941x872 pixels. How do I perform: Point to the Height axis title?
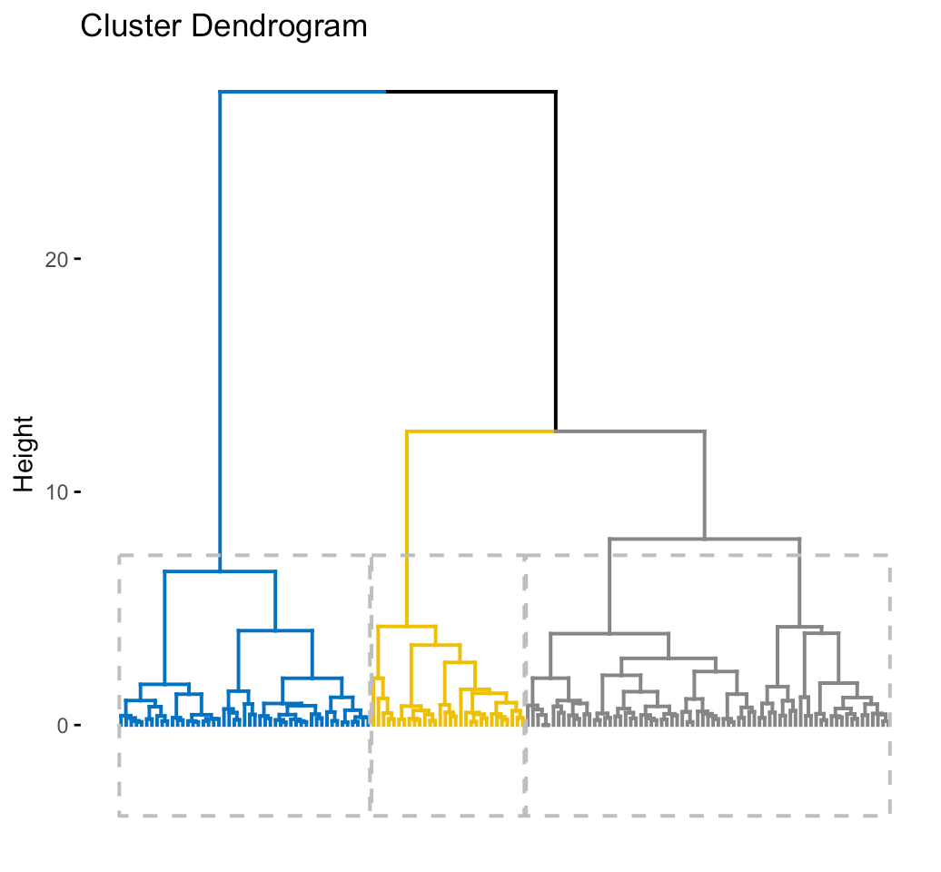(x=24, y=453)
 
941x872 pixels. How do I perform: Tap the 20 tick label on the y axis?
(x=56, y=260)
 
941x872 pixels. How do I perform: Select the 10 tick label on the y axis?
(x=56, y=492)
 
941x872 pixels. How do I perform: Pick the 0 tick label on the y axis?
(x=63, y=726)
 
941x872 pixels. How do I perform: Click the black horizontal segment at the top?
(x=471, y=92)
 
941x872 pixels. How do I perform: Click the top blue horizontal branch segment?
(x=302, y=92)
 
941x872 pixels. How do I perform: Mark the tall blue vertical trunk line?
(x=220, y=332)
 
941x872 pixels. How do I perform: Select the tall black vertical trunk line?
(x=556, y=261)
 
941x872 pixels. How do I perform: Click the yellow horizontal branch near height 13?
(x=480, y=431)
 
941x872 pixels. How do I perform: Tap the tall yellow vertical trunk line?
(x=407, y=528)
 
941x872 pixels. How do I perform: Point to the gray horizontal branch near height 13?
(x=630, y=431)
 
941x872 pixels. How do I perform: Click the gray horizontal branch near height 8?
(x=705, y=539)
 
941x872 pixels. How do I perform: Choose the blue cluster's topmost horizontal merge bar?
(x=220, y=571)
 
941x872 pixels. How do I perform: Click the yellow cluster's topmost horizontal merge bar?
(x=407, y=627)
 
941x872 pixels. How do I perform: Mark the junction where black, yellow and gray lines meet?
(x=556, y=431)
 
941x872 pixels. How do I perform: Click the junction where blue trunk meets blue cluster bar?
(x=220, y=571)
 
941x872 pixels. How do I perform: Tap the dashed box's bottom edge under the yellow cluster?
(x=448, y=815)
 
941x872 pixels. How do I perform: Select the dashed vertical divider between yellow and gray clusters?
(x=526, y=686)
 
